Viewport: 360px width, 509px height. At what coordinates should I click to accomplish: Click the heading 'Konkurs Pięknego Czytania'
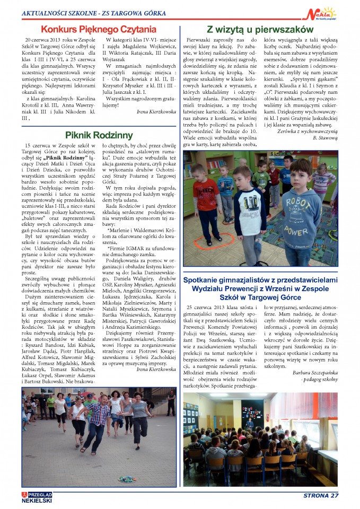tap(99, 29)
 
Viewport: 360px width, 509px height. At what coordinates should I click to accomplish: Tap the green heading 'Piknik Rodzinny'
tap(99, 135)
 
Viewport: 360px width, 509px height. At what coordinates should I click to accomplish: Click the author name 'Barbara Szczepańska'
tap(315, 373)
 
